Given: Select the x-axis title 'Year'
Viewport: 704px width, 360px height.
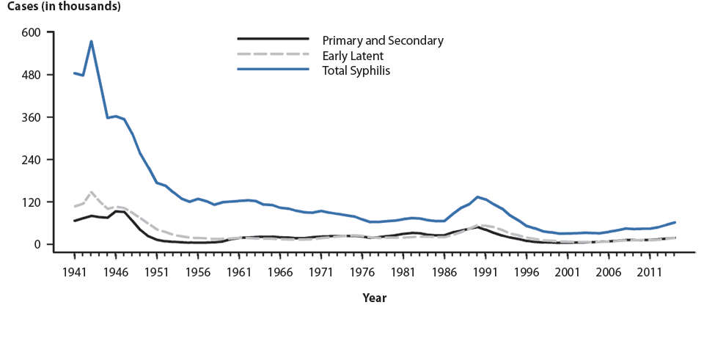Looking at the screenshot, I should [x=374, y=298].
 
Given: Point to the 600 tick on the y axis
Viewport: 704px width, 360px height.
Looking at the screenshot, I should [x=35, y=32].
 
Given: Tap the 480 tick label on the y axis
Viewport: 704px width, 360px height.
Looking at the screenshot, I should [x=35, y=75].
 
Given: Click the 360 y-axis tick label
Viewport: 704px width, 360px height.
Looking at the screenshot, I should [x=35, y=117].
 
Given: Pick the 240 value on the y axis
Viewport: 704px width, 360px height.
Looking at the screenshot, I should [x=35, y=160].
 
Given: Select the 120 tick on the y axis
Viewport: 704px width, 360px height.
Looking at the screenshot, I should [x=35, y=202].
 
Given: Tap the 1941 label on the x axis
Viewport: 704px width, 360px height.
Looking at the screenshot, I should [x=75, y=271].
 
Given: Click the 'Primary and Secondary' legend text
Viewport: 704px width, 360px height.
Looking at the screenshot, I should [x=383, y=39].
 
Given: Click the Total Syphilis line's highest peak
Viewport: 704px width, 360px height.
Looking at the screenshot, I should [x=91, y=41].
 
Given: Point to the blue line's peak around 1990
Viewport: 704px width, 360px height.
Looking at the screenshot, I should [x=477, y=196].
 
